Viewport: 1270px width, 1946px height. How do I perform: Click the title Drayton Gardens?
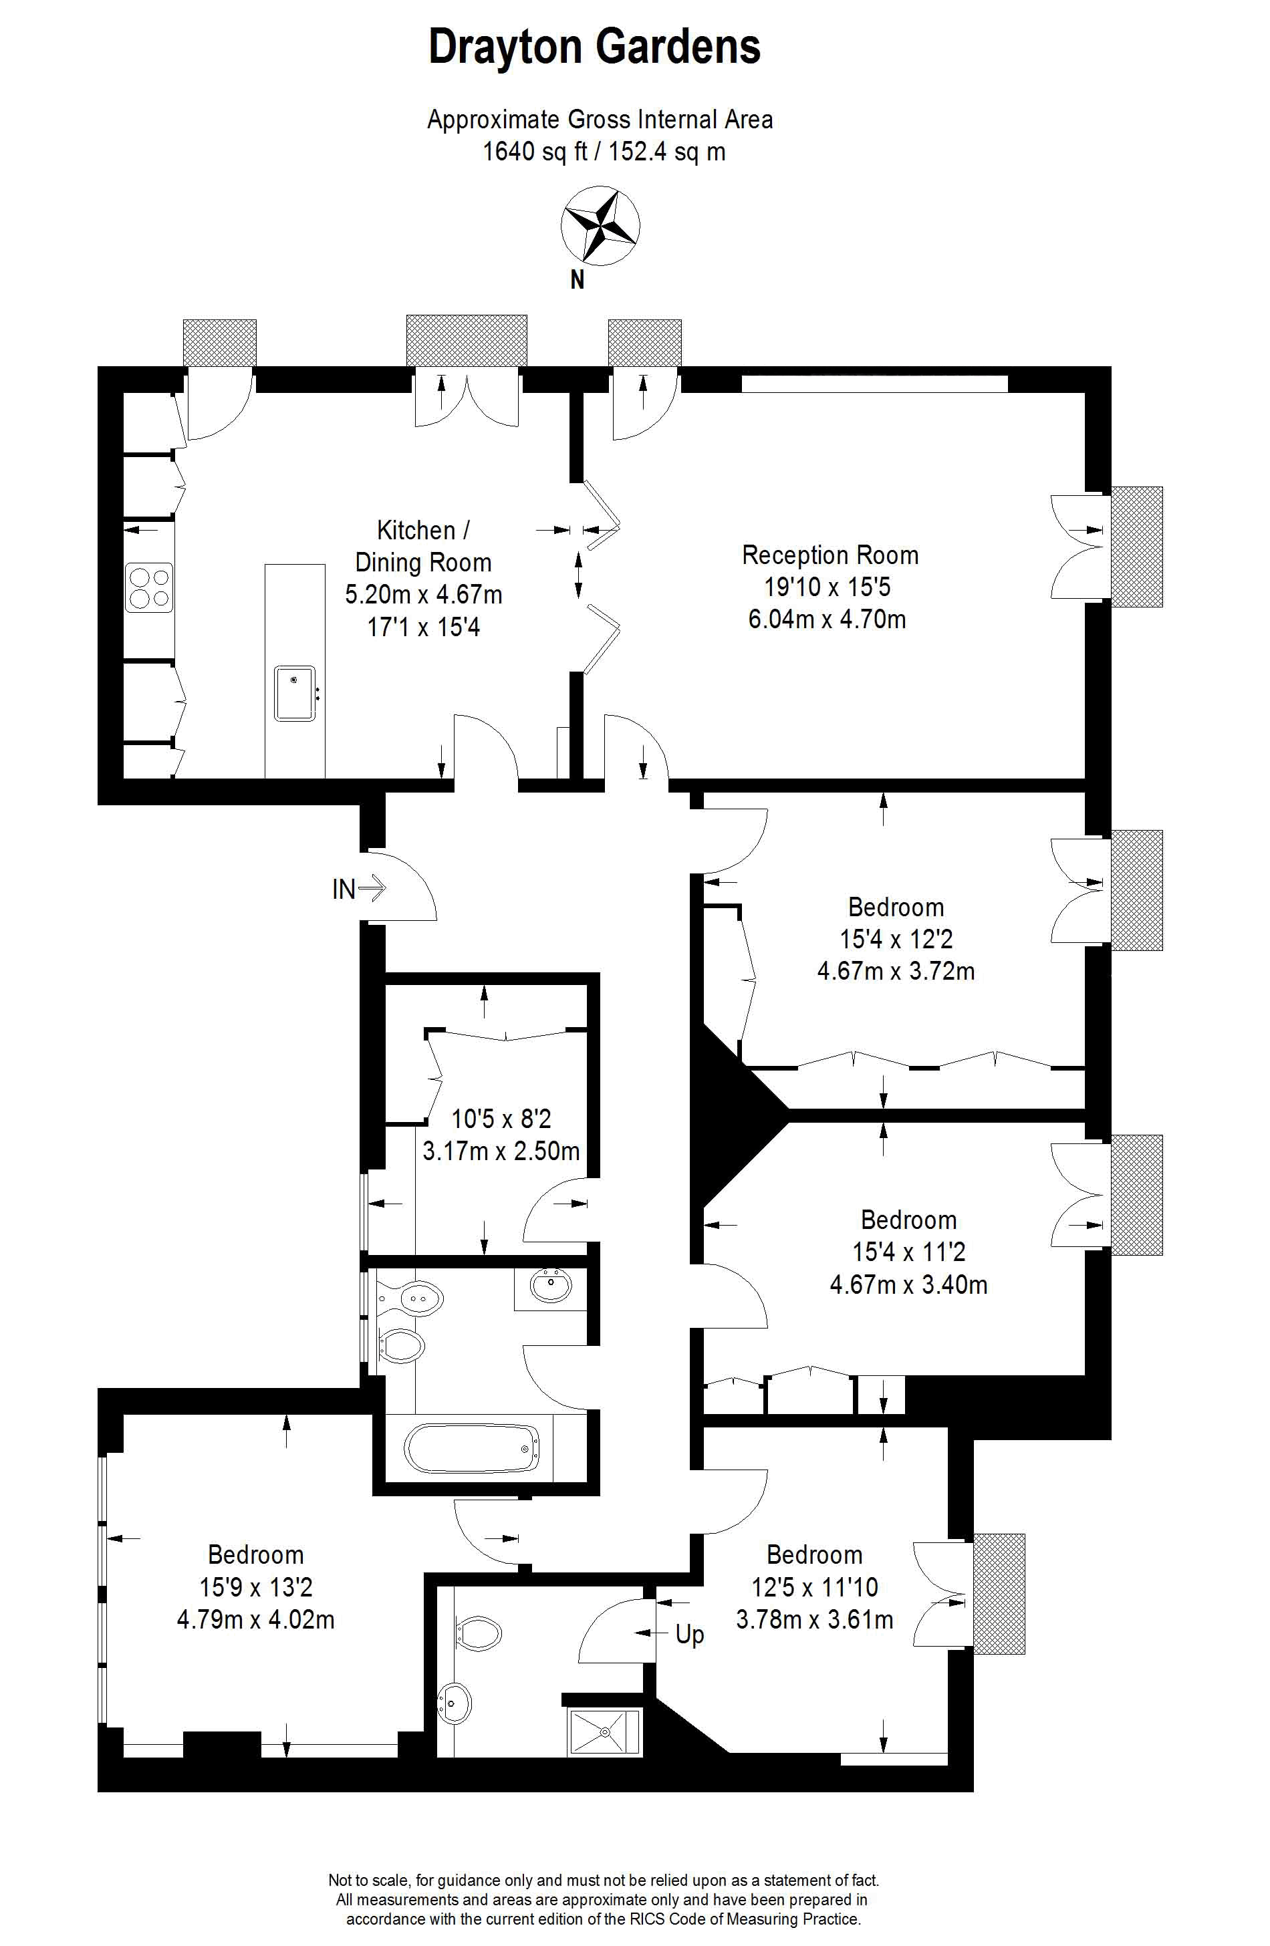pos(594,47)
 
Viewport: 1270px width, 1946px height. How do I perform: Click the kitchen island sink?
pos(294,694)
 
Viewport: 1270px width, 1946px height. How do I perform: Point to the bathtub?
pos(472,1449)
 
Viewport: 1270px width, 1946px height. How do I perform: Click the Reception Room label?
pos(830,555)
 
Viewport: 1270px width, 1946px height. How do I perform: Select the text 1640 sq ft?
pos(535,151)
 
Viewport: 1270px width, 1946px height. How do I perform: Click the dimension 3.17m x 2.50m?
pos(501,1151)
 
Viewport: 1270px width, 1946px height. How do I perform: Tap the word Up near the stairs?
pos(689,1635)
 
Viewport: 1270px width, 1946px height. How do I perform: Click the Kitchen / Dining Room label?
pos(424,546)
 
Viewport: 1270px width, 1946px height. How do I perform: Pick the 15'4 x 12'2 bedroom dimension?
pos(896,939)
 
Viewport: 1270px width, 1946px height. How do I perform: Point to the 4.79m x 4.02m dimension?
pos(256,1619)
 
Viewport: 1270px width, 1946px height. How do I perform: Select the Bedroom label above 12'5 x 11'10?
pos(815,1554)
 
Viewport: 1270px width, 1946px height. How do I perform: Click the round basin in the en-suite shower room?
pos(454,1703)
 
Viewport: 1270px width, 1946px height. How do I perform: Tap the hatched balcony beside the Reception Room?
pos(1137,547)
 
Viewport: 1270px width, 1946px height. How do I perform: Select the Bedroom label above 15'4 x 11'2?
pos(908,1220)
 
